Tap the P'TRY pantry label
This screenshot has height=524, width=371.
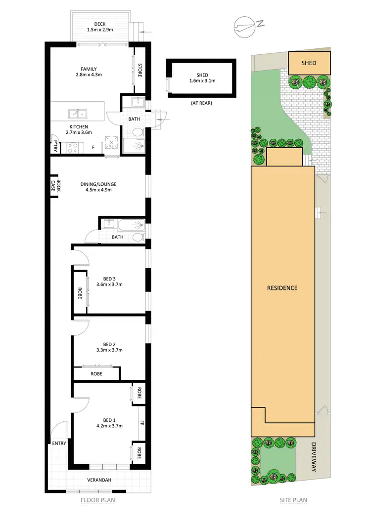coord(55,146)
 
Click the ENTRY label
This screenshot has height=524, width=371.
coord(59,443)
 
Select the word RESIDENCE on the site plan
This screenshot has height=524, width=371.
coord(282,288)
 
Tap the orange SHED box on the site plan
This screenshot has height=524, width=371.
coord(309,63)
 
